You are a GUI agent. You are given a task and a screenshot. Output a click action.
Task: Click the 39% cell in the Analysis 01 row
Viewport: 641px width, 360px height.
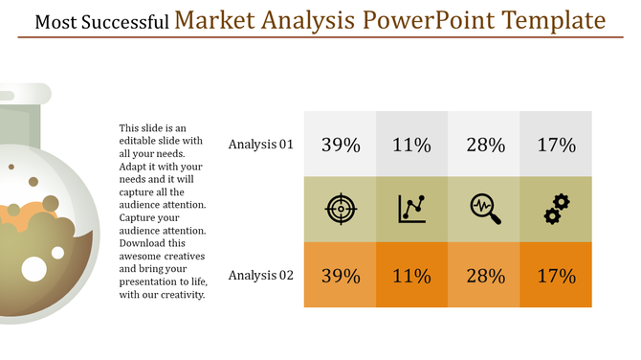click(340, 145)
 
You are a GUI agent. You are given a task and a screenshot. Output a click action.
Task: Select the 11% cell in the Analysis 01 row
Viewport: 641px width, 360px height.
click(411, 145)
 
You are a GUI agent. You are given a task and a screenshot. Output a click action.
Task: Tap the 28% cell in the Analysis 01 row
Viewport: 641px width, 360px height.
click(484, 145)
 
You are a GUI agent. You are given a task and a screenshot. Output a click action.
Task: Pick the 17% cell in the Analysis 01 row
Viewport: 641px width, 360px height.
click(556, 145)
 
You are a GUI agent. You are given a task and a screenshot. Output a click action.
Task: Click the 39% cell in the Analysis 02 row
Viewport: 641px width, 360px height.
click(340, 276)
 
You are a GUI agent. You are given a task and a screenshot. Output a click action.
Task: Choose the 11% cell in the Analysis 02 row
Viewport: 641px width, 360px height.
click(411, 276)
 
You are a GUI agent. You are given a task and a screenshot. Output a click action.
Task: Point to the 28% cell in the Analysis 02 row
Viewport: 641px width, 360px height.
click(484, 276)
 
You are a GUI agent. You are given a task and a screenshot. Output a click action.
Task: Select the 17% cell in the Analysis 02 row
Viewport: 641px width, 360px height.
click(556, 276)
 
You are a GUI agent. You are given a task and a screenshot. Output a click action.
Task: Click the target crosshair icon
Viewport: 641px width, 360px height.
click(340, 209)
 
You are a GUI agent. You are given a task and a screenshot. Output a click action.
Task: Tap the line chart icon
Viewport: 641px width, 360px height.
click(412, 209)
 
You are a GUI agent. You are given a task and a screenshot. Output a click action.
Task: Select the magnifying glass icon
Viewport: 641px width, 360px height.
click(484, 209)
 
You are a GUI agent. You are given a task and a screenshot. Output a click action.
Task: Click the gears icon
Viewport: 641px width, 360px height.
click(556, 209)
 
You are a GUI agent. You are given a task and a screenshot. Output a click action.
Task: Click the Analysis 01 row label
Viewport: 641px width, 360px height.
click(260, 145)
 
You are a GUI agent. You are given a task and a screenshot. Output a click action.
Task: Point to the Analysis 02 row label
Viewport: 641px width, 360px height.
click(260, 276)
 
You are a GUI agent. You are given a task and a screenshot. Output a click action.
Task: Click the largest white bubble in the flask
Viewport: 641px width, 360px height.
click(34, 270)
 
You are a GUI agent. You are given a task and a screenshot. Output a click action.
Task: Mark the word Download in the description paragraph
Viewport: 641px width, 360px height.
click(143, 243)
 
